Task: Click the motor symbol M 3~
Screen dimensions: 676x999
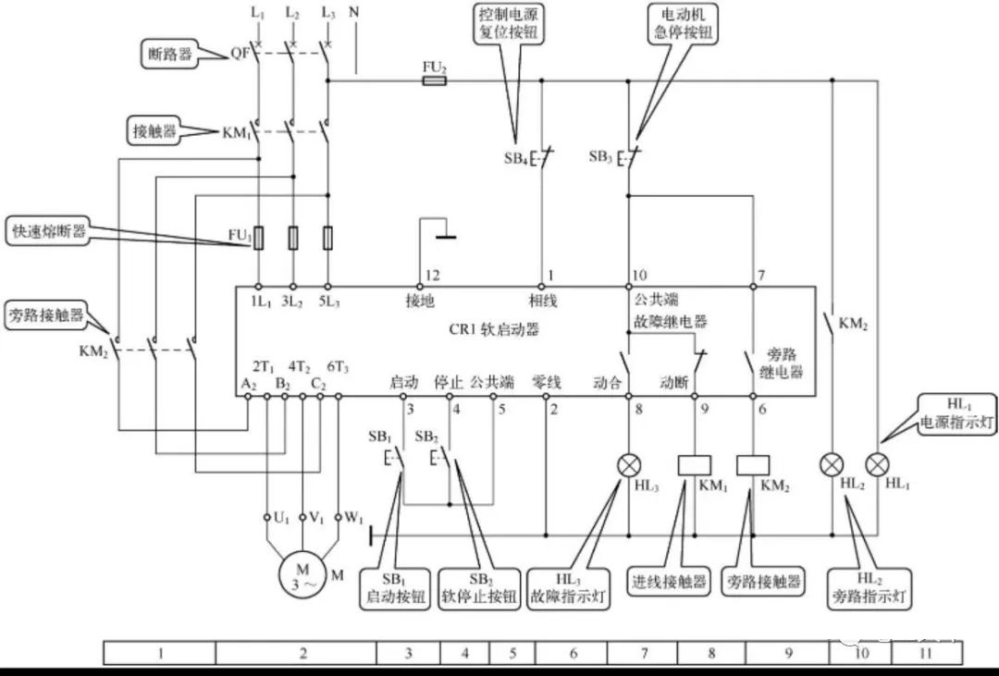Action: tap(302, 574)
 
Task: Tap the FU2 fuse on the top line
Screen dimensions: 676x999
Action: tap(434, 80)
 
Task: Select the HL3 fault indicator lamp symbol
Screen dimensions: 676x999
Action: tap(629, 464)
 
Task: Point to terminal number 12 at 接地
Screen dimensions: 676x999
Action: tap(432, 276)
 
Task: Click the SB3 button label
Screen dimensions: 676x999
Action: tap(601, 158)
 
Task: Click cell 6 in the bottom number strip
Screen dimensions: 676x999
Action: tap(573, 653)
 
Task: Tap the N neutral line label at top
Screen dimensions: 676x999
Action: tap(355, 13)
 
